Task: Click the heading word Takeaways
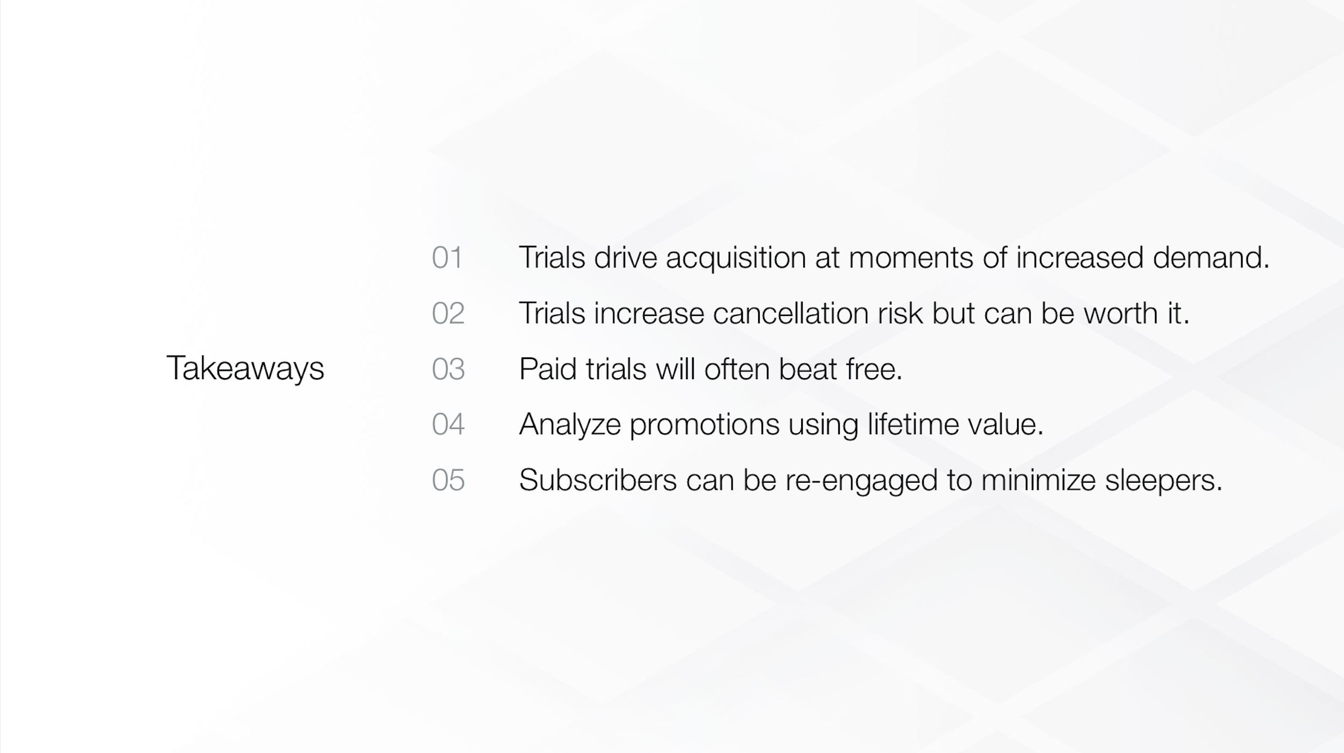245,369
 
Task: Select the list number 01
447,258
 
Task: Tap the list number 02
448,313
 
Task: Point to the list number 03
448,369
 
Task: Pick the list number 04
448,424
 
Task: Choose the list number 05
448,481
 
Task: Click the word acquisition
736,259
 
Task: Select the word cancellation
791,313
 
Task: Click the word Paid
548,369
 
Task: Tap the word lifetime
913,424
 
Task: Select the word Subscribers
598,480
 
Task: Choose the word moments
911,258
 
